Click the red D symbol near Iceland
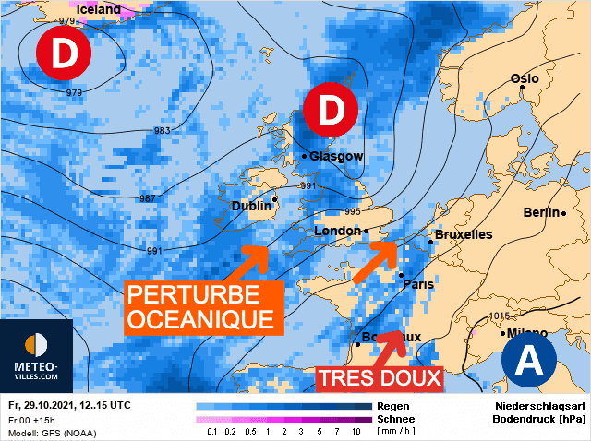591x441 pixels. (63, 54)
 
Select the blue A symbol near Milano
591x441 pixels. (528, 357)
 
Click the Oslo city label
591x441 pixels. (525, 79)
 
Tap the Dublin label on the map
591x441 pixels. (250, 206)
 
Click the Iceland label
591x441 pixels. (99, 10)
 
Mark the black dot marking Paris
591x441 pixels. (401, 274)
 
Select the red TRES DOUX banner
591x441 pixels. (379, 378)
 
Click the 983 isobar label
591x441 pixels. (163, 131)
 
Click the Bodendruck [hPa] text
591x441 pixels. (534, 418)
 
